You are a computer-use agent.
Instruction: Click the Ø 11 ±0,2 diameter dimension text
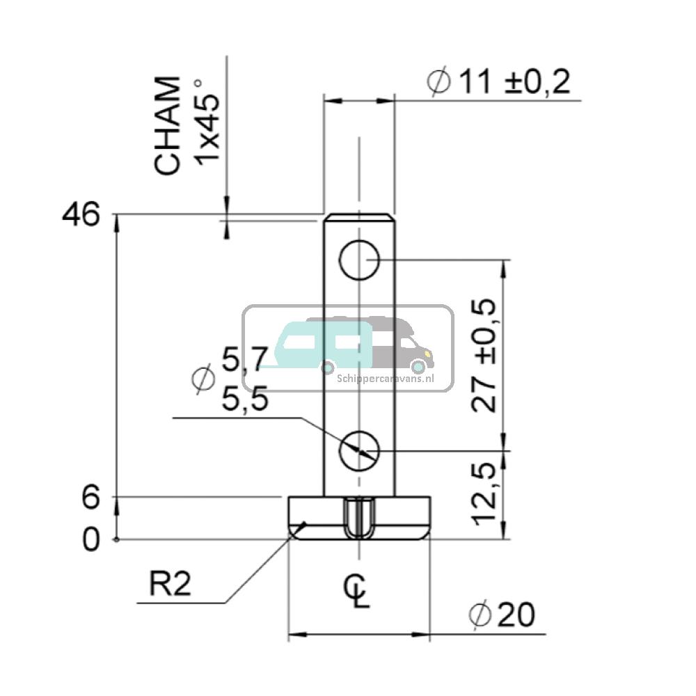pos(500,83)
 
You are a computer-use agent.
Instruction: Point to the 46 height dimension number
pos(81,215)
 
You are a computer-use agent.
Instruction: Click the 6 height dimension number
pos(91,498)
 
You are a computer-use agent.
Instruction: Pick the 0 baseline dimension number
pos(91,540)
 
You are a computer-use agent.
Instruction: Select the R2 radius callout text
pos(170,585)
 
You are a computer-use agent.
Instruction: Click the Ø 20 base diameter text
pos(503,615)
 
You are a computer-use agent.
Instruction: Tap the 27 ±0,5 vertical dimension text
pos(484,356)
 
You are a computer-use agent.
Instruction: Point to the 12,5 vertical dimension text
pos(484,495)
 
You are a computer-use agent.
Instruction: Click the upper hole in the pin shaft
pos(358,261)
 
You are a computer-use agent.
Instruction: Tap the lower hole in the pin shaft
pos(358,450)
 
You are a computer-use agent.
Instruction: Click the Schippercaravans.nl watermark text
pos(385,378)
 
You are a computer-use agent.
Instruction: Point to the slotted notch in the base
pos(359,519)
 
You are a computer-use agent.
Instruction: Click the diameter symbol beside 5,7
pos(202,378)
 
